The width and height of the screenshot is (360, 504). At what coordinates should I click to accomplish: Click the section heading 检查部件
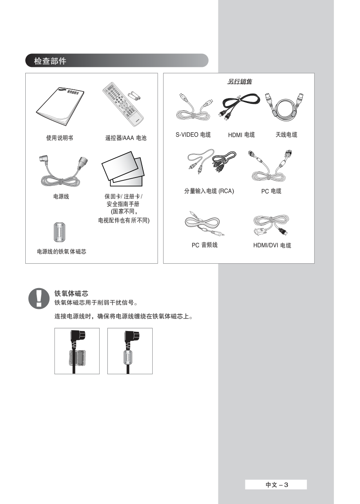pos(50,61)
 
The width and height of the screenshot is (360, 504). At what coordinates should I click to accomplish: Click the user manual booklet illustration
pos(60,107)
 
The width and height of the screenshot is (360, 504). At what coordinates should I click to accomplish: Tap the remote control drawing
pos(122,104)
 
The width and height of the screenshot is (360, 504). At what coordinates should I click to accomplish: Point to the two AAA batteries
pos(134,96)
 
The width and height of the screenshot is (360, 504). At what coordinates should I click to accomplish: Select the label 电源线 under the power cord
pos(61,196)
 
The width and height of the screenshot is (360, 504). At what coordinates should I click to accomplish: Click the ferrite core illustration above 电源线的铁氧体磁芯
pos(60,232)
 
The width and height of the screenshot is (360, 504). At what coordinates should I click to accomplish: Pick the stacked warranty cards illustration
pos(123,169)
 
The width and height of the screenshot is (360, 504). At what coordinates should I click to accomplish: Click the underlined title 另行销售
pos(240,82)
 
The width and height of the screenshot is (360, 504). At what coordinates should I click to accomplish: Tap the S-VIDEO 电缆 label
pos(193,135)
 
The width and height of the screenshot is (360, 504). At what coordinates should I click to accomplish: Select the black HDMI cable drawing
pos(238,107)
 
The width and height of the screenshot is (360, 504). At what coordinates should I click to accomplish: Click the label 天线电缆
pos(286,135)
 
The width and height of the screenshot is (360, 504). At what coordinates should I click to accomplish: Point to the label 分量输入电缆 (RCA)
pos(209,191)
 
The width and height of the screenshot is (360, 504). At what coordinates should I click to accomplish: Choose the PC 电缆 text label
pos(271,191)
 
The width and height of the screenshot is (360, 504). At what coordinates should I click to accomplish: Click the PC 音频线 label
pos(204,245)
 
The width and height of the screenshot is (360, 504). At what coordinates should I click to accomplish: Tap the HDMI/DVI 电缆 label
pos(272,245)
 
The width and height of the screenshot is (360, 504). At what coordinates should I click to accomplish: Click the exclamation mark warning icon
pos(39,298)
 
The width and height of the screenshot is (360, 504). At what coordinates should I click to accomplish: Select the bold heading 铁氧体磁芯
pos(71,293)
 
